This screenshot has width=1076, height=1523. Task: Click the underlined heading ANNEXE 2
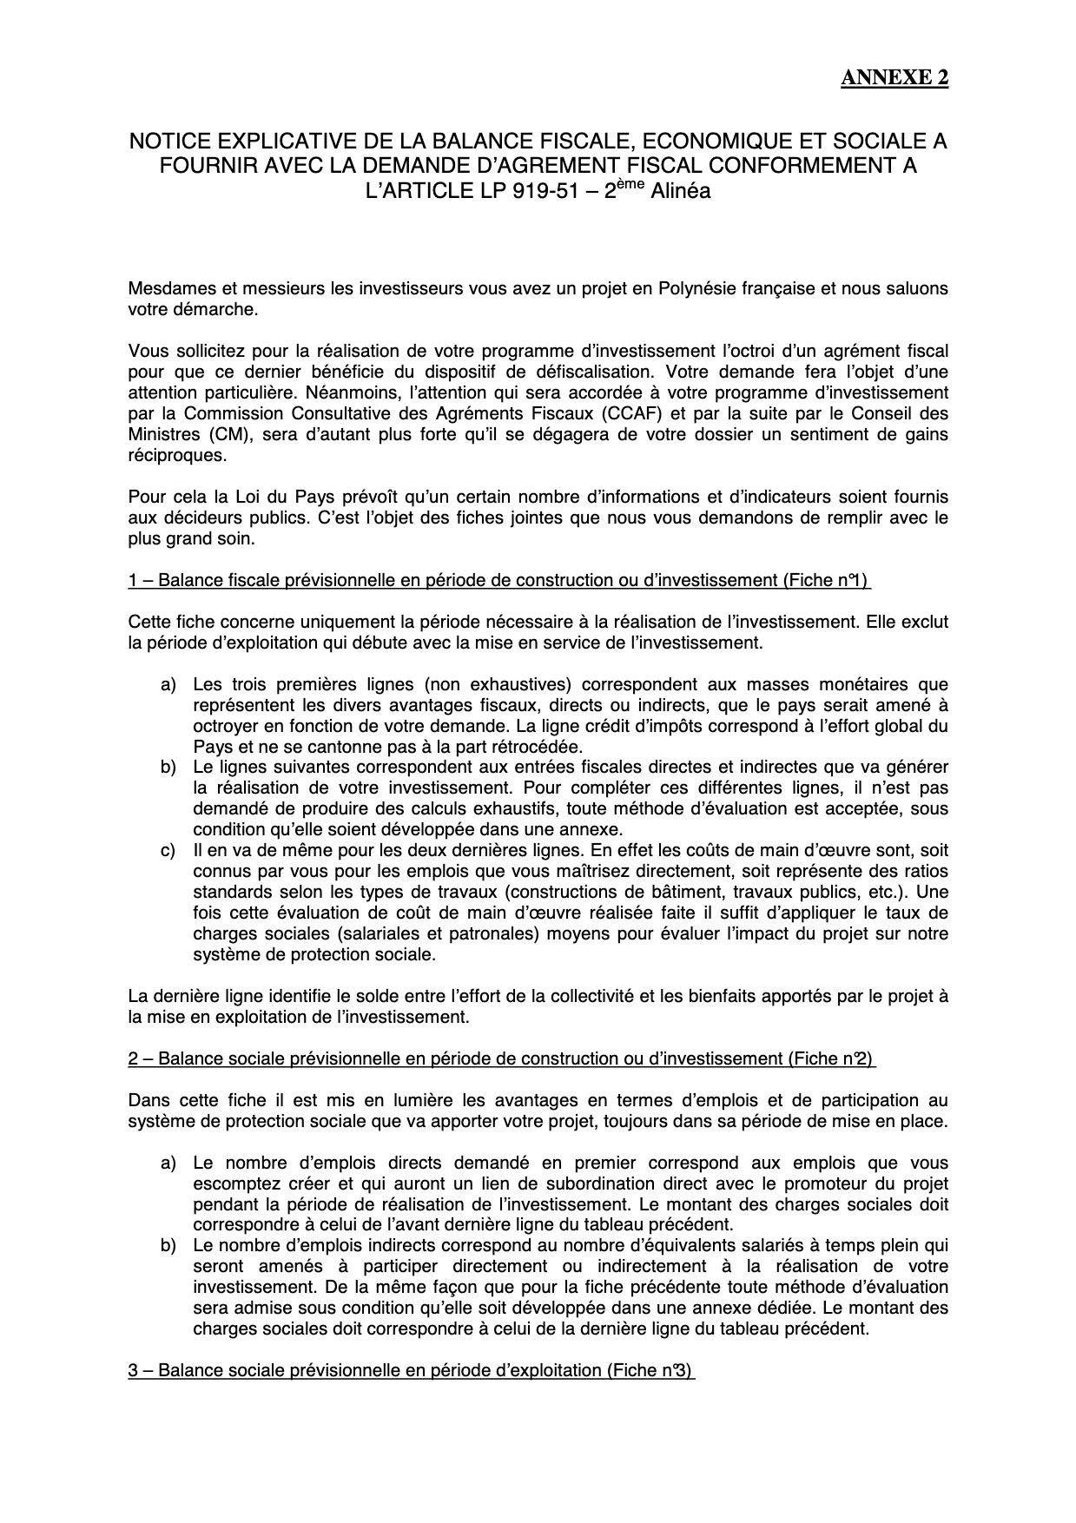(894, 78)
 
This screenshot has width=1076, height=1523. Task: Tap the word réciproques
(168, 455)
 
